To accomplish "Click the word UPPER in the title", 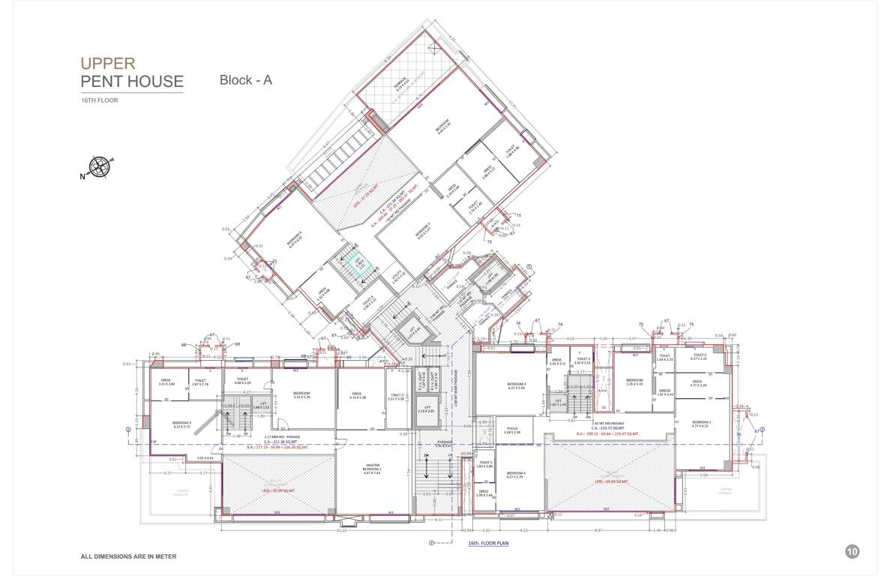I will point(108,64).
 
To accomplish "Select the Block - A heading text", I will point(245,80).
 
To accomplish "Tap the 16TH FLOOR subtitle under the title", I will point(100,100).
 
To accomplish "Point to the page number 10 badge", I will point(852,551).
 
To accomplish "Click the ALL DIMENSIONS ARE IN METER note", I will point(128,556).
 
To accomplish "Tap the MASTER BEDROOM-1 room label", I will point(371,468).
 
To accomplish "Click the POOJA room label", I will point(512,430).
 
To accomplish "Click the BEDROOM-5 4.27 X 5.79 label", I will point(515,475).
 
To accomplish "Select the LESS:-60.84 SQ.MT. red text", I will point(610,482).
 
